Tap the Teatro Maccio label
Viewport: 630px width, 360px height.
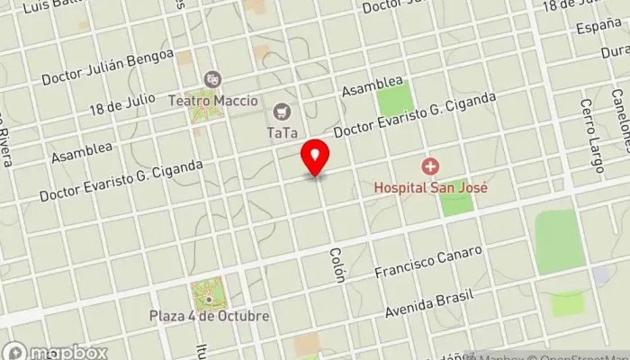click(211, 101)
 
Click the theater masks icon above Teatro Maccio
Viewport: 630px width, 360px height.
click(211, 80)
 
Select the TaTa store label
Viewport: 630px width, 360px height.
click(282, 132)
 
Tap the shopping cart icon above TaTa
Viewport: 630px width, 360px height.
click(282, 112)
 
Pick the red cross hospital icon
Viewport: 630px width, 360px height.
click(430, 166)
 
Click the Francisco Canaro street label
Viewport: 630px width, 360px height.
click(429, 261)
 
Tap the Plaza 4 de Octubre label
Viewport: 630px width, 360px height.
click(210, 317)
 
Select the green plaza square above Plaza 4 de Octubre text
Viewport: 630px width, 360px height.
click(208, 293)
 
